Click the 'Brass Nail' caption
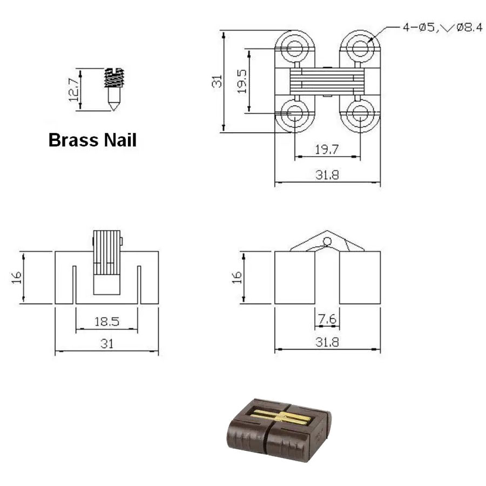92,140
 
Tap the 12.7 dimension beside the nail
74,90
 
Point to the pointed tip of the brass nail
114,109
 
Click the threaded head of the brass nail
114,77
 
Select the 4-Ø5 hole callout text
418,28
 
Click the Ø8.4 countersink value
469,28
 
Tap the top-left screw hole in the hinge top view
294,48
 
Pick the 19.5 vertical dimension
241,81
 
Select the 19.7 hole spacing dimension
327,150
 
